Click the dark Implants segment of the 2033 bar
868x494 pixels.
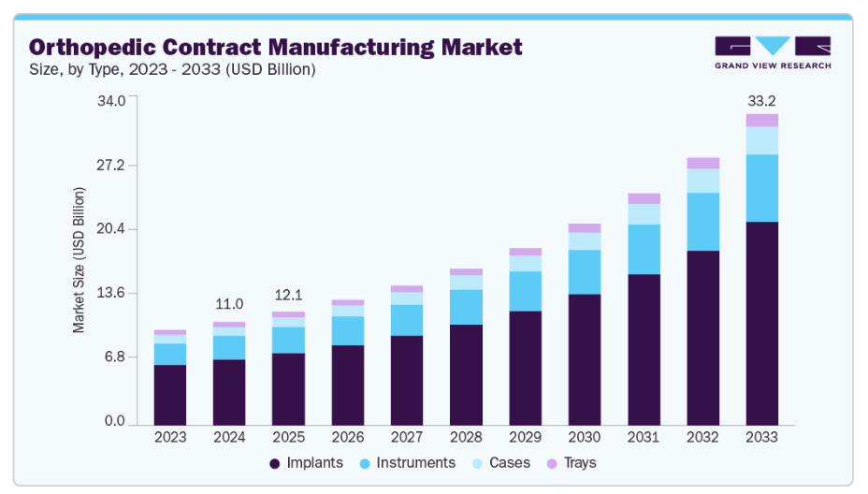761,322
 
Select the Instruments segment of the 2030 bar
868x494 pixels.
584,271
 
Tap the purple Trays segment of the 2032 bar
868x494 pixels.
702,163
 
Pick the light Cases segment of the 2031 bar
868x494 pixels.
644,213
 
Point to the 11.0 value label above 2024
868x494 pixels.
229,304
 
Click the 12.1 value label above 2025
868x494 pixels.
288,295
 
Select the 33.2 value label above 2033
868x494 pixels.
761,100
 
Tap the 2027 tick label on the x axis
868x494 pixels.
407,437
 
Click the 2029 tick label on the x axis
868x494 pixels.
525,437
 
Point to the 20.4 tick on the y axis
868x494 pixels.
111,229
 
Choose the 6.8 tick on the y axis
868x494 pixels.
115,357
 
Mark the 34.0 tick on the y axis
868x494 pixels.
111,101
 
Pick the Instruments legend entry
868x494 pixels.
408,463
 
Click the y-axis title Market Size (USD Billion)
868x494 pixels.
80,260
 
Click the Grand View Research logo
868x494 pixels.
772,52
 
